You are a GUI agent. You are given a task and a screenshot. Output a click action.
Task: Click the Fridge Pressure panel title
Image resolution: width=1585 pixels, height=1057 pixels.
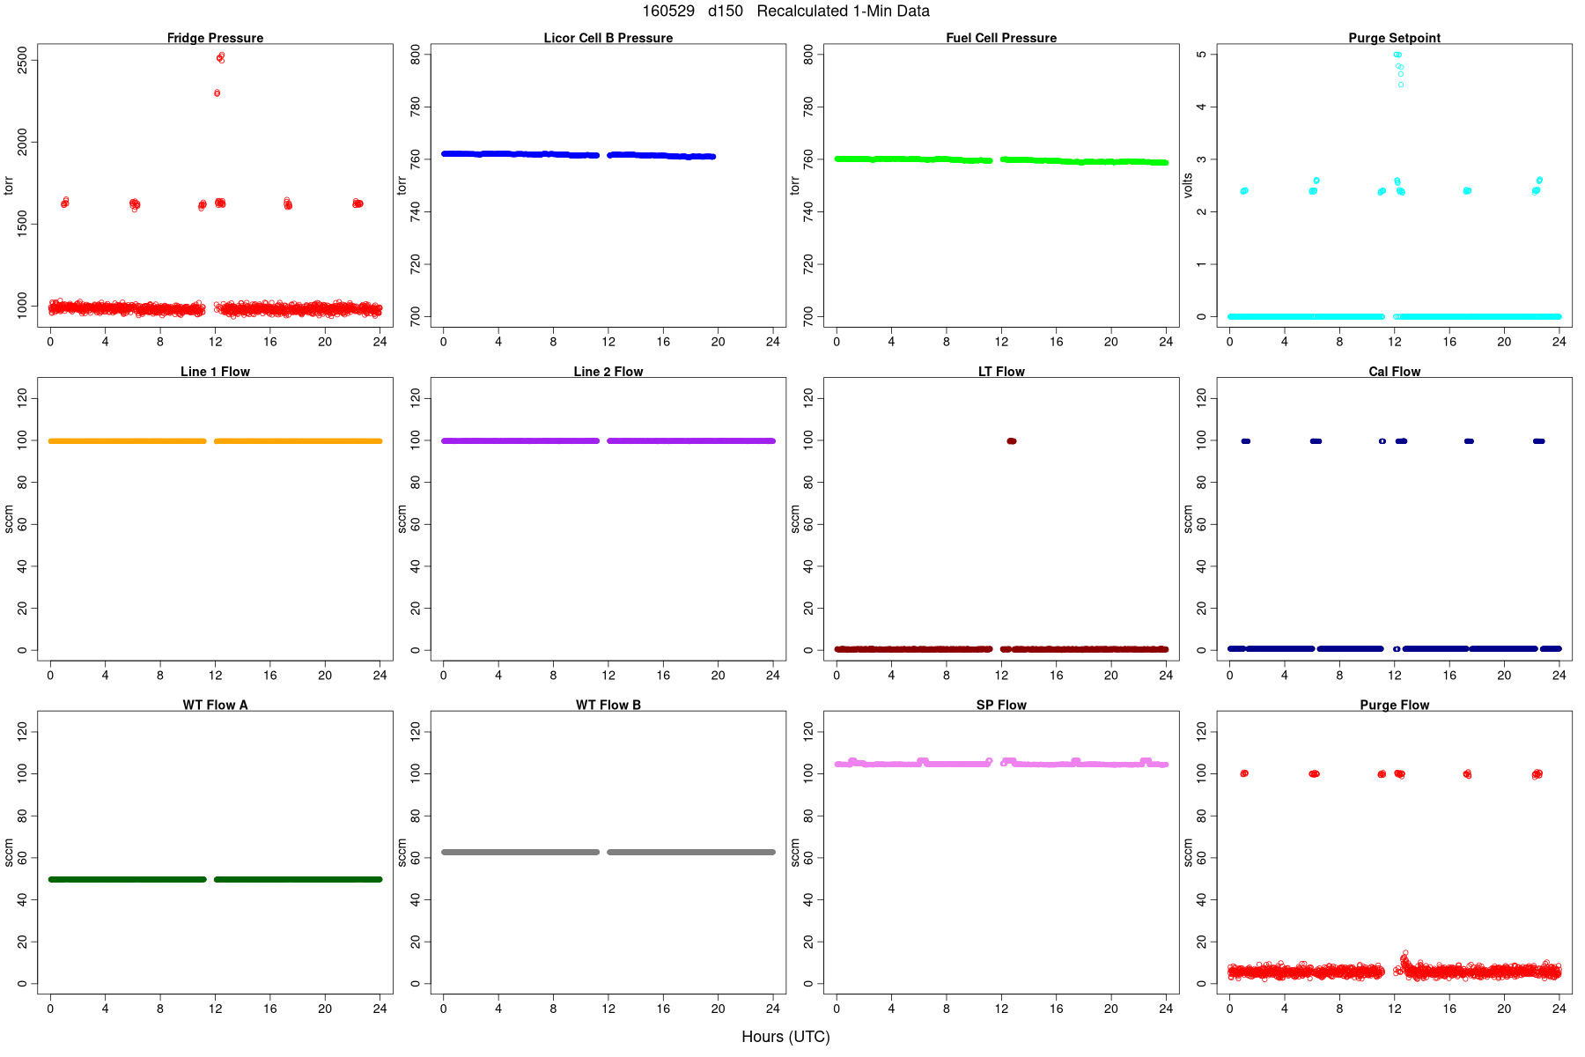point(215,38)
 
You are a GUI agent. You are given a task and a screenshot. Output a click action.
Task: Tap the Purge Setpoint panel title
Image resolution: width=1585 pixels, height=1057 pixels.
point(1394,38)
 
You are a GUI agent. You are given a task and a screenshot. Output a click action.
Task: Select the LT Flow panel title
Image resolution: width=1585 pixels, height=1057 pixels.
point(1001,372)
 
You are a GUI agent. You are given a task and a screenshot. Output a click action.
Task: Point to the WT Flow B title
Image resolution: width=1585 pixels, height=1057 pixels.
point(608,705)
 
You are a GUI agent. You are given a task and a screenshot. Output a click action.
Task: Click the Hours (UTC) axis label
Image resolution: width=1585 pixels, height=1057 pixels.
point(785,1037)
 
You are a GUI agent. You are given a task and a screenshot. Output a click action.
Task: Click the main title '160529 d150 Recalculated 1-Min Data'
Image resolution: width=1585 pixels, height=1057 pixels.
point(785,11)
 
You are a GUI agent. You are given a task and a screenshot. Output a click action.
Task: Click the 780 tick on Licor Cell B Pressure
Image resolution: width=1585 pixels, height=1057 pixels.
point(416,107)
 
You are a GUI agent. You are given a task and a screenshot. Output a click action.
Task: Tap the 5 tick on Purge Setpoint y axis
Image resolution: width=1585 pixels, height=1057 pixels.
point(1202,55)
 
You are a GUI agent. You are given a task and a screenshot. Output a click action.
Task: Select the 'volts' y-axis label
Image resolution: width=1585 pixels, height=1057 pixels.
point(1188,185)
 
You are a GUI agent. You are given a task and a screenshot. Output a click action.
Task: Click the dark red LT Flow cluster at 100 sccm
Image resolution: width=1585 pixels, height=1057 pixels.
point(1011,441)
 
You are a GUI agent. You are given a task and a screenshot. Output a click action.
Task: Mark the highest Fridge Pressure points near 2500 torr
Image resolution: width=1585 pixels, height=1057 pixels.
point(220,57)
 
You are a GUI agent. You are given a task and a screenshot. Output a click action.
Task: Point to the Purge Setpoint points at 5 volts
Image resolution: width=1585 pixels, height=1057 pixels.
point(1397,55)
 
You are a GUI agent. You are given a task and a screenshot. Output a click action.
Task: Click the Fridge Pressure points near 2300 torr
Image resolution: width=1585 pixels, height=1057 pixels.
point(217,92)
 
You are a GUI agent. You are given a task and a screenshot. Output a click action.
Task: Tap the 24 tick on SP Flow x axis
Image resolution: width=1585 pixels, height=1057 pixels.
point(1166,1009)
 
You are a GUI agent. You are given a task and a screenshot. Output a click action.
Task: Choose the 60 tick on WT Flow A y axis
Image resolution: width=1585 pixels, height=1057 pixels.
point(23,857)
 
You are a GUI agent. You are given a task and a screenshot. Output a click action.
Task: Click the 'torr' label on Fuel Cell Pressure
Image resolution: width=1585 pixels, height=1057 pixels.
point(795,185)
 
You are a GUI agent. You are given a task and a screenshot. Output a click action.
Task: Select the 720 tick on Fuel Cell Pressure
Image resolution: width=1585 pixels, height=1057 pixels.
point(808,264)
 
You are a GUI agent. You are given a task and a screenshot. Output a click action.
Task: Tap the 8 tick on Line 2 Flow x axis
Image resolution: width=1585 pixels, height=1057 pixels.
point(553,676)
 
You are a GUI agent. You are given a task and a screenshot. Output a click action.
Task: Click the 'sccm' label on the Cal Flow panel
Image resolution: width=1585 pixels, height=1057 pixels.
point(1188,519)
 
